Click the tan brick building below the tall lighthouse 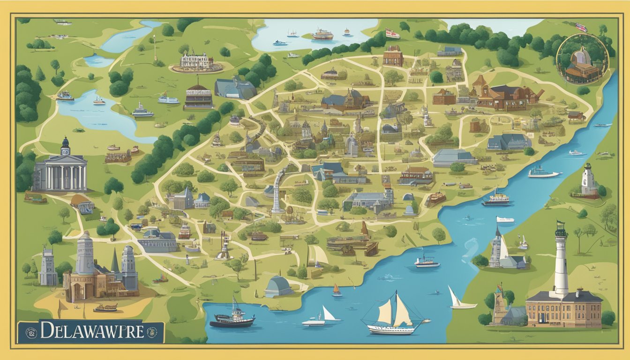click(x=563, y=309)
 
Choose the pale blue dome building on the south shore click(x=278, y=286)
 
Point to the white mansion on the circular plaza click(x=196, y=61)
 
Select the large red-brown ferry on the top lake click(x=322, y=34)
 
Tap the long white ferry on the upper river click(x=544, y=173)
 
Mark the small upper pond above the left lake click(x=99, y=60)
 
